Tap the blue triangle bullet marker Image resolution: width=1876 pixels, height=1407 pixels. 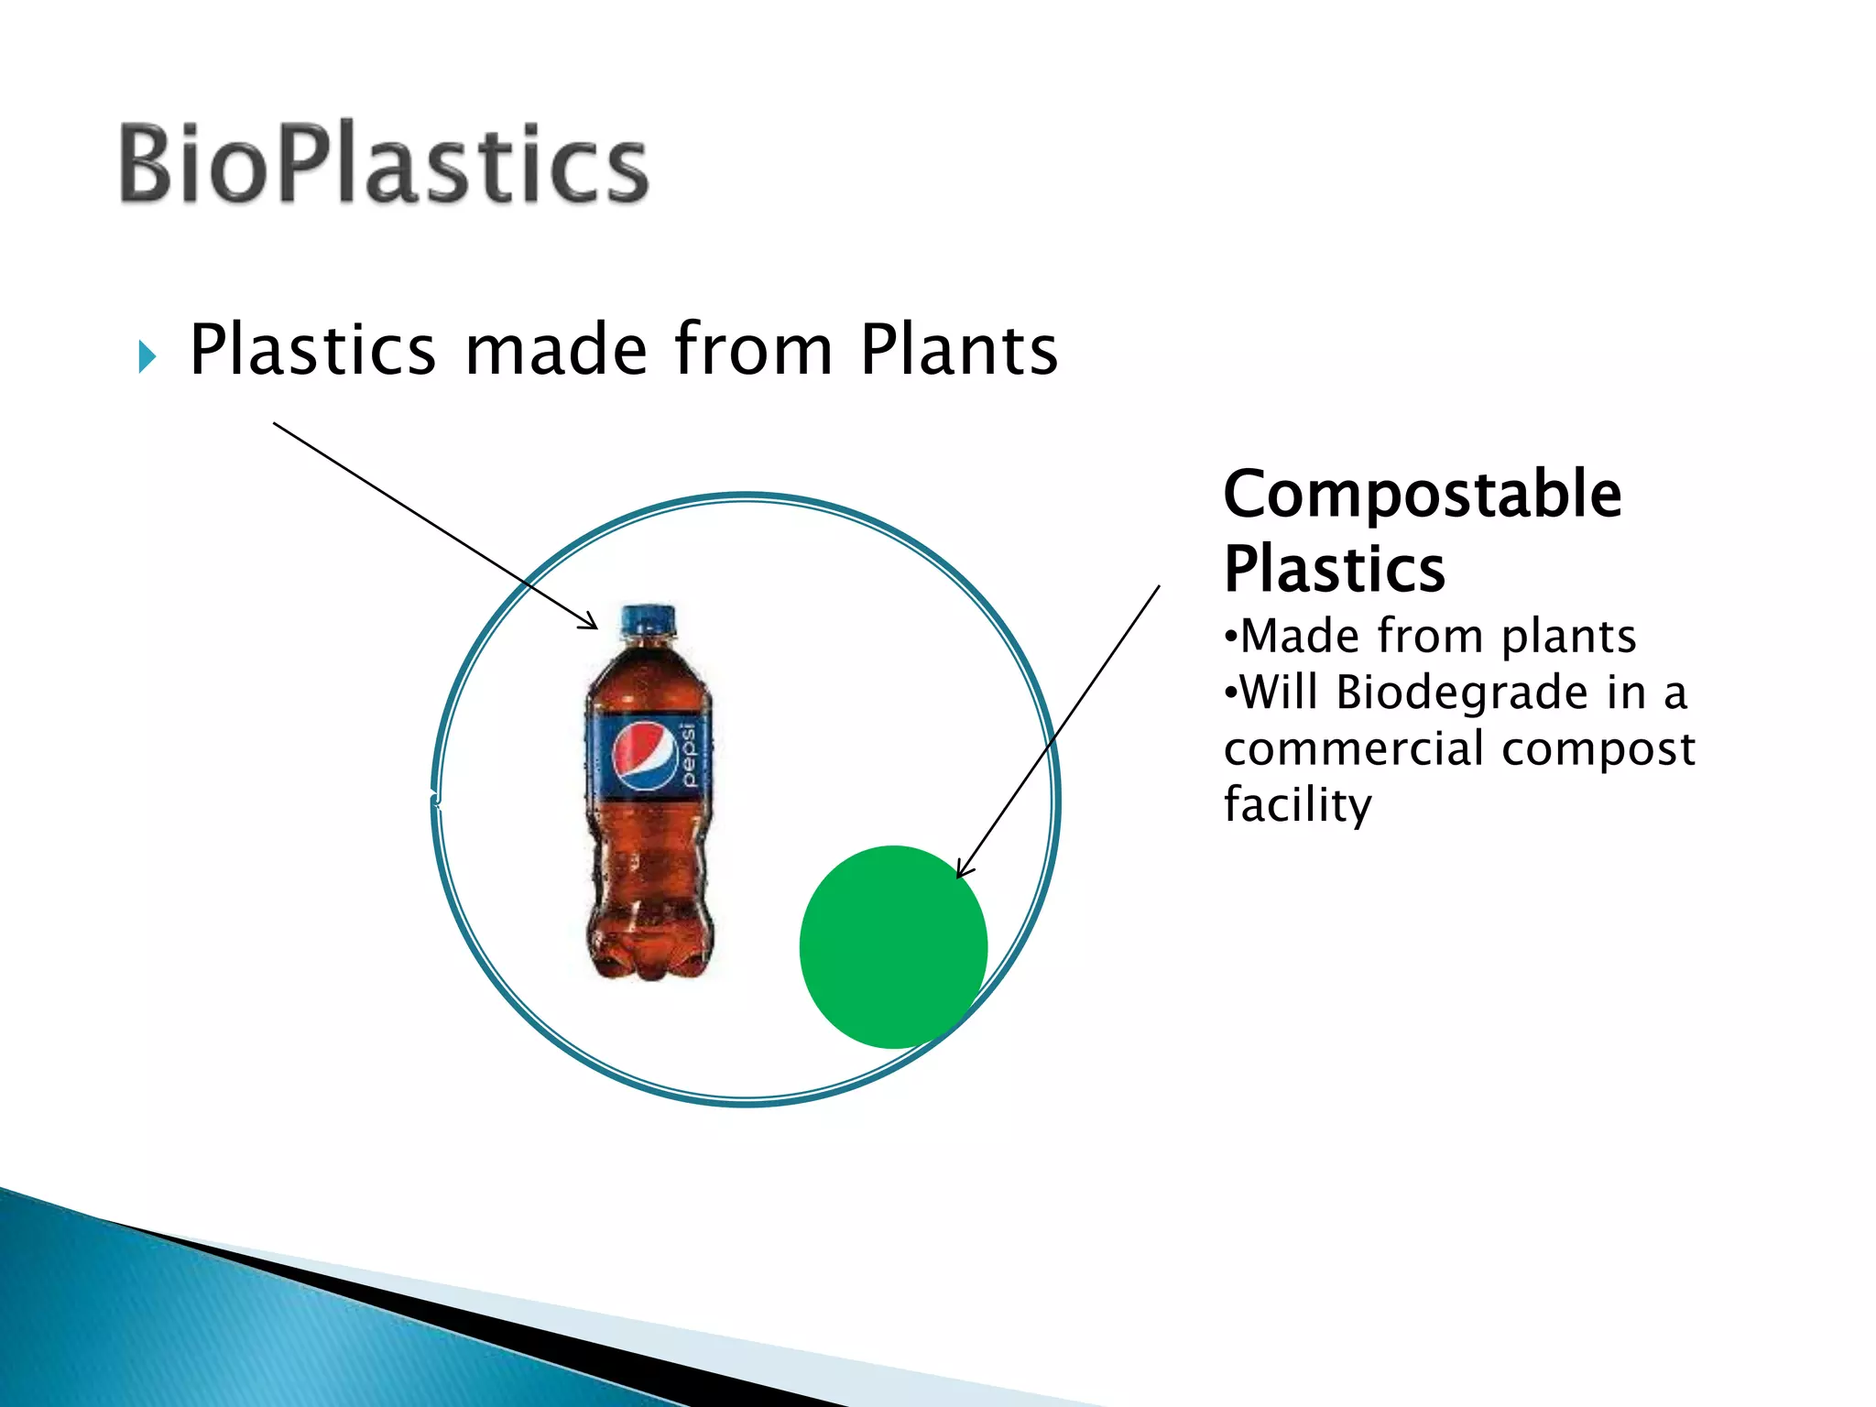click(147, 356)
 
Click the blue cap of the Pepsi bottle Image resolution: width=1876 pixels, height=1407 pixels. click(649, 620)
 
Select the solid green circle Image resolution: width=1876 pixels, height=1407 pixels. click(893, 946)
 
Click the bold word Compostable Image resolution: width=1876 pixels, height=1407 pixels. click(1422, 494)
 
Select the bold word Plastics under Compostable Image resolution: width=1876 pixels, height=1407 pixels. click(1334, 569)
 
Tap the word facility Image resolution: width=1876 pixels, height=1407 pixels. click(1297, 804)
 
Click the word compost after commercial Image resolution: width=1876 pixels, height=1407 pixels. click(1598, 748)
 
